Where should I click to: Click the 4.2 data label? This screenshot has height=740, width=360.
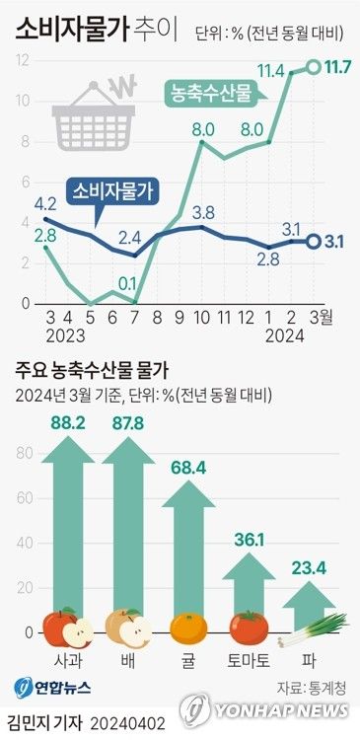click(45, 204)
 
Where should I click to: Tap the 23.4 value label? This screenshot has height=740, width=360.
click(307, 568)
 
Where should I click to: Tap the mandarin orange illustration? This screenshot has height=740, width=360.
click(187, 629)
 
